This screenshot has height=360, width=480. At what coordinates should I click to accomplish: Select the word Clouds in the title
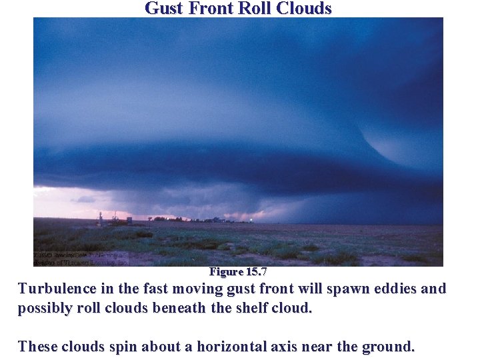pyautogui.click(x=303, y=9)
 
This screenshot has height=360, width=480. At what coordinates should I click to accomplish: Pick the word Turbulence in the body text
pyautogui.click(x=56, y=289)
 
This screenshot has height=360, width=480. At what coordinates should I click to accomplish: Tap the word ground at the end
pyautogui.click(x=389, y=347)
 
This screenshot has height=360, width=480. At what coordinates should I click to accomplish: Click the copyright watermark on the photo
pyautogui.click(x=80, y=258)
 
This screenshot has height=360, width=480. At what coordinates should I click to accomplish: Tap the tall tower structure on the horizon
pyautogui.click(x=101, y=219)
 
